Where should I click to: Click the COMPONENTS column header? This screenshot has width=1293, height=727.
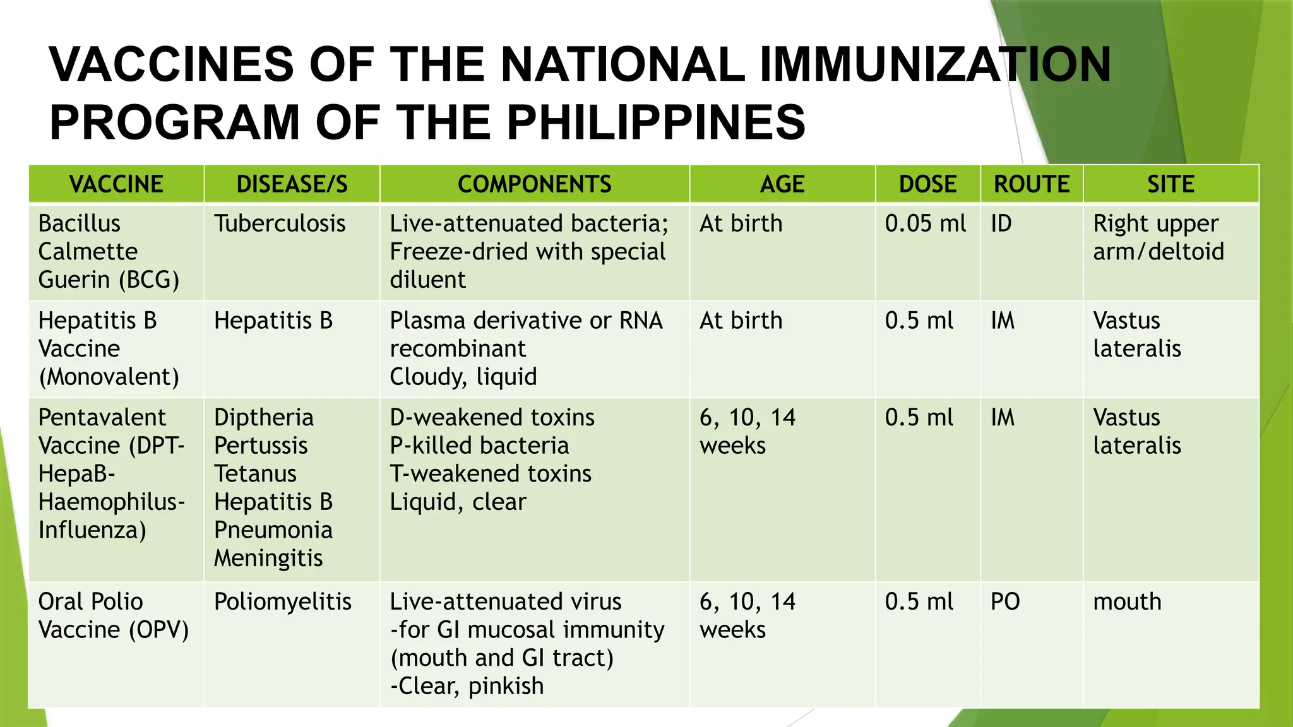click(x=534, y=184)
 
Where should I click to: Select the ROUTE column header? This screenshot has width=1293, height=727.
click(x=1032, y=184)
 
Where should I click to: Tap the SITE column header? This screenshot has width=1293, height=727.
click(x=1171, y=184)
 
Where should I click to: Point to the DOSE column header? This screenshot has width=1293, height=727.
click(x=927, y=184)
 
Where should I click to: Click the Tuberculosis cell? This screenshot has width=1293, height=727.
click(x=280, y=223)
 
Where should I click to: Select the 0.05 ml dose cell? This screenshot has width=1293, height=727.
click(x=925, y=223)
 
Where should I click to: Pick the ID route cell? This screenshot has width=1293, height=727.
click(x=1001, y=223)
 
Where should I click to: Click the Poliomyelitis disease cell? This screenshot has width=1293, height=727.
click(x=282, y=601)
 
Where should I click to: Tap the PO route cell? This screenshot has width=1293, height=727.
click(x=1005, y=601)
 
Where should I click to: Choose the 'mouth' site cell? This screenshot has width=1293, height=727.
click(x=1127, y=601)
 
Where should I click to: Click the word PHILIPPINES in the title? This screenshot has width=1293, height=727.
click(x=656, y=122)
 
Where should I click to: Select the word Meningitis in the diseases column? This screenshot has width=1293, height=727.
click(x=268, y=558)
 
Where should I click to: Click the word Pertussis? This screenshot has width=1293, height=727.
click(x=261, y=446)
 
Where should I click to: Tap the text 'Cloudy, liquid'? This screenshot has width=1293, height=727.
click(x=463, y=377)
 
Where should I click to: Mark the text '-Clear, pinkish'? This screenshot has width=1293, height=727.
click(x=467, y=686)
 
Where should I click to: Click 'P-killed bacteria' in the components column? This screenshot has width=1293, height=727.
click(x=479, y=446)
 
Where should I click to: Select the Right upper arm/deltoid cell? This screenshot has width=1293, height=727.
click(x=1158, y=237)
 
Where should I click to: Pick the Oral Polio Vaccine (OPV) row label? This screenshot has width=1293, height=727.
click(x=114, y=615)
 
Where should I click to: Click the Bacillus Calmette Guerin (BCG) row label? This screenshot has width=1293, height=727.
click(x=109, y=251)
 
